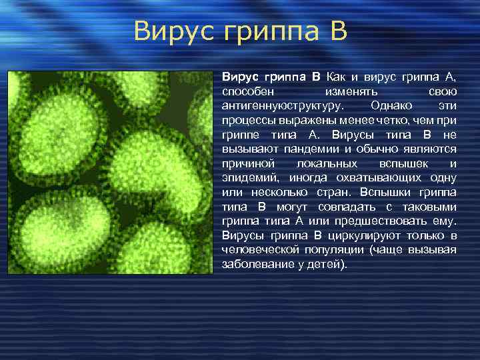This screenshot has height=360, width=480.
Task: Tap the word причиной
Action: point(244,164)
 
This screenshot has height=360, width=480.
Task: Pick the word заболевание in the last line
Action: point(253,265)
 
